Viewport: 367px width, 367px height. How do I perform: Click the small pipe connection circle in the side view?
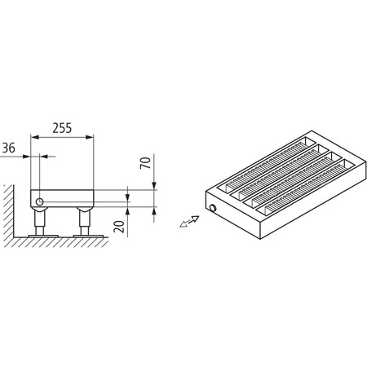(x=38, y=199)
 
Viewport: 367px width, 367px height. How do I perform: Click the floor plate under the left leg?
(x=39, y=235)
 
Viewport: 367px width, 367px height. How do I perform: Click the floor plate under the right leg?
(x=85, y=235)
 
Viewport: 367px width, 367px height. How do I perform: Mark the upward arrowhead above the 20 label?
(x=128, y=206)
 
